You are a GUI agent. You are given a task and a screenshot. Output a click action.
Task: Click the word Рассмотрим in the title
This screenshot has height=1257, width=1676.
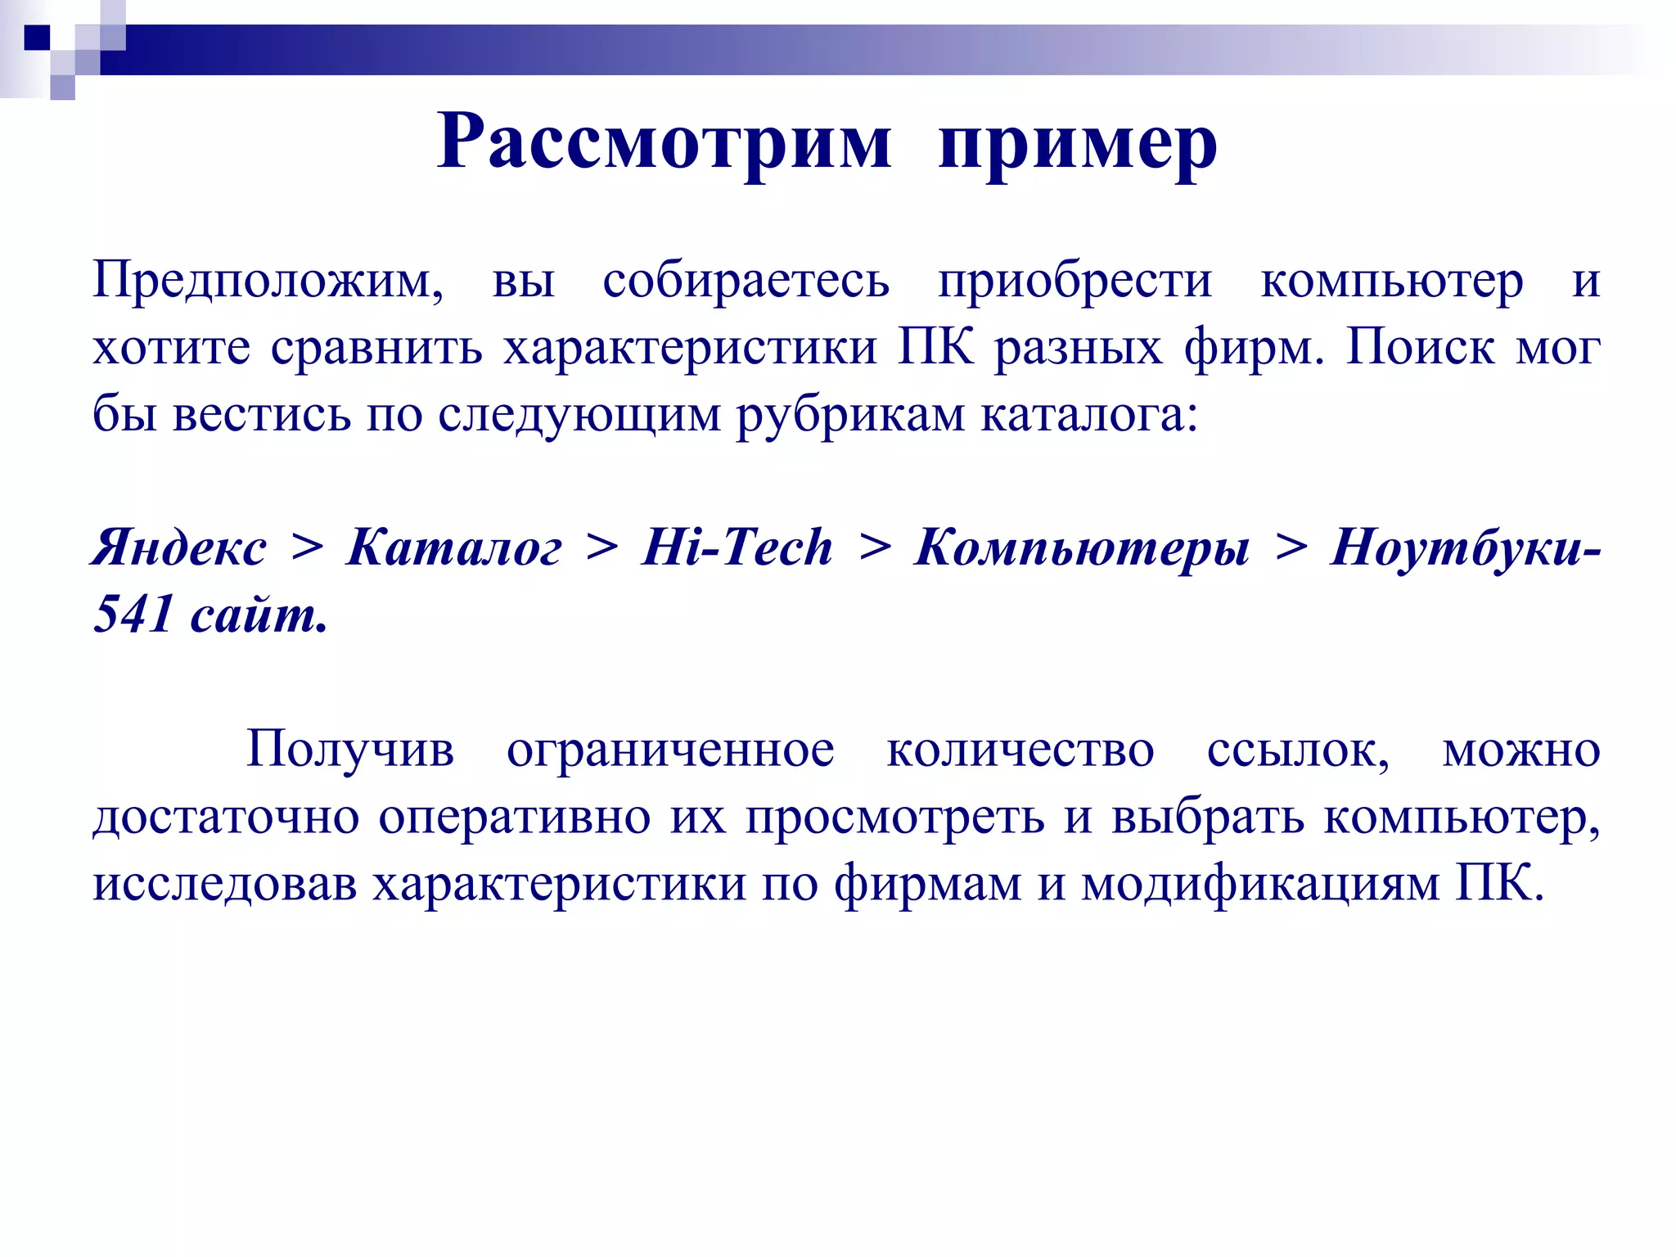click(x=664, y=142)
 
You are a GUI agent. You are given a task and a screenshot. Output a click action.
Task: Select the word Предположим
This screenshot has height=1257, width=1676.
click(x=268, y=282)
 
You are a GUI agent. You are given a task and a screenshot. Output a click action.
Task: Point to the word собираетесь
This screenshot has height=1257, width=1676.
click(x=746, y=282)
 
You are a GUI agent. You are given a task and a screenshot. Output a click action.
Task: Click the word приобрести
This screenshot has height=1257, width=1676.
click(x=1075, y=282)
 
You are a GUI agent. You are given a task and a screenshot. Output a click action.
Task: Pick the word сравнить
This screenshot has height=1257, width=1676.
click(x=377, y=349)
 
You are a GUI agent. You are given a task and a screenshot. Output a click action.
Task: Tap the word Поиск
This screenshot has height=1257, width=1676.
click(x=1421, y=347)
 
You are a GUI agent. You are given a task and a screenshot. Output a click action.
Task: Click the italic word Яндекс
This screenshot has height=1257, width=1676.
click(x=179, y=547)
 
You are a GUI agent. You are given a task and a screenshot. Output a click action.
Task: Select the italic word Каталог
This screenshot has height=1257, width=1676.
click(x=454, y=547)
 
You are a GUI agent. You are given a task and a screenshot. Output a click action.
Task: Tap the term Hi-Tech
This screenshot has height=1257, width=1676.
click(x=737, y=547)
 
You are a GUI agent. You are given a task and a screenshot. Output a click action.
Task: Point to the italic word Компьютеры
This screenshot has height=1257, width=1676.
click(x=1083, y=547)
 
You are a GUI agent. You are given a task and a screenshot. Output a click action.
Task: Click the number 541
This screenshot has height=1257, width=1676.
click(x=133, y=614)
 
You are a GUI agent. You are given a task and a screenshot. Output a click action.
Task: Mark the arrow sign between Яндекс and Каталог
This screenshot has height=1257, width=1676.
click(x=307, y=547)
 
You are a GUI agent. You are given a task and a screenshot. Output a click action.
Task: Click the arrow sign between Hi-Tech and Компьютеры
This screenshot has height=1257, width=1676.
click(x=875, y=547)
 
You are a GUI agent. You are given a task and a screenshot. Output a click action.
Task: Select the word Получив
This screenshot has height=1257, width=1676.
click(x=350, y=749)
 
